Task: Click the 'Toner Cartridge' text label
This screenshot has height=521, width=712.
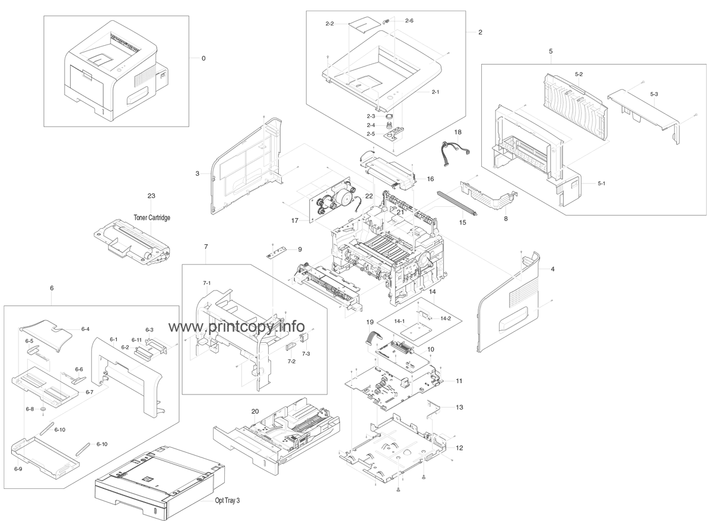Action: (x=152, y=218)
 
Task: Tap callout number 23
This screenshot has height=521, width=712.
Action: (x=151, y=195)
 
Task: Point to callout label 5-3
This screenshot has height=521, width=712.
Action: (x=654, y=94)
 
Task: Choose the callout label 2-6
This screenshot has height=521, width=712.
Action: (x=409, y=21)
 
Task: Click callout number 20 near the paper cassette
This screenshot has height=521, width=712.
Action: (x=255, y=411)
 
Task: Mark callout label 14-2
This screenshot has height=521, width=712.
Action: (x=446, y=319)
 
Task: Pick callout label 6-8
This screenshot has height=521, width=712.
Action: (x=30, y=409)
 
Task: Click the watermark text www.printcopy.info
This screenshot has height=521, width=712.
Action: (x=237, y=327)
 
